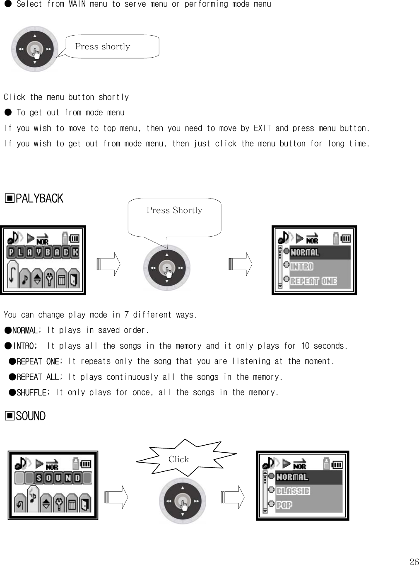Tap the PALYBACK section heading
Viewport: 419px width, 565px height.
(x=34, y=199)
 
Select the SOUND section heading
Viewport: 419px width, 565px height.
(x=26, y=416)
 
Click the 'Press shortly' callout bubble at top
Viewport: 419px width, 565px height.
(x=112, y=46)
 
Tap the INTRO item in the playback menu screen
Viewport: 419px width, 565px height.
(x=302, y=267)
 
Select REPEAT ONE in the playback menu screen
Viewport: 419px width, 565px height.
(x=313, y=281)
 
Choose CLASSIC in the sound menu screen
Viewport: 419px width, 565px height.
(x=293, y=491)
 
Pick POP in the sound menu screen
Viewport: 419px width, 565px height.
(x=284, y=505)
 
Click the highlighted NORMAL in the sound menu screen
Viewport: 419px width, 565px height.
(x=292, y=477)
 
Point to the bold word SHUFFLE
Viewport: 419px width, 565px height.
(x=31, y=392)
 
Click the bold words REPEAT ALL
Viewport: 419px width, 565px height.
(x=38, y=377)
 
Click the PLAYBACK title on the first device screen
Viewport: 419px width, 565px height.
(x=43, y=252)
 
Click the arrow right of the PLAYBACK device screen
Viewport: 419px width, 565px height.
(x=108, y=264)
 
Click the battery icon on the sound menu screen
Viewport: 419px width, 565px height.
(x=338, y=464)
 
